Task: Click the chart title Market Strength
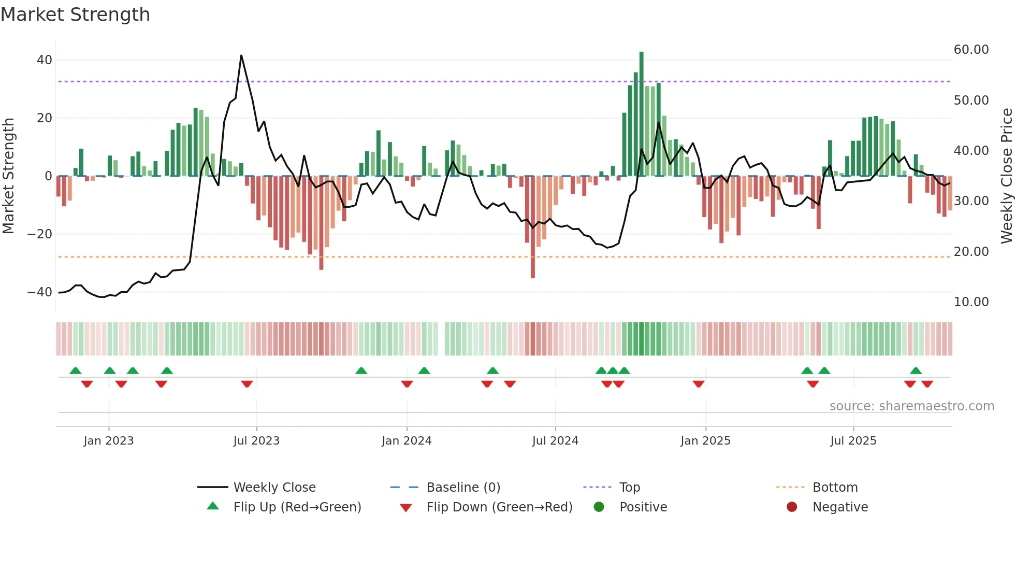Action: click(75, 15)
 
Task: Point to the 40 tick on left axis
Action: click(45, 60)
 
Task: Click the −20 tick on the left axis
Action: click(40, 234)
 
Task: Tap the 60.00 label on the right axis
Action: click(971, 50)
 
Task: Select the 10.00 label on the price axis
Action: click(971, 302)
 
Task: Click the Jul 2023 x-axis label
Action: click(256, 441)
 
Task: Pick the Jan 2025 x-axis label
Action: click(705, 441)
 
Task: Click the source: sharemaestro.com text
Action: click(911, 406)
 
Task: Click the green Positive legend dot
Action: click(599, 507)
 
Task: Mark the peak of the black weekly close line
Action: click(241, 55)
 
